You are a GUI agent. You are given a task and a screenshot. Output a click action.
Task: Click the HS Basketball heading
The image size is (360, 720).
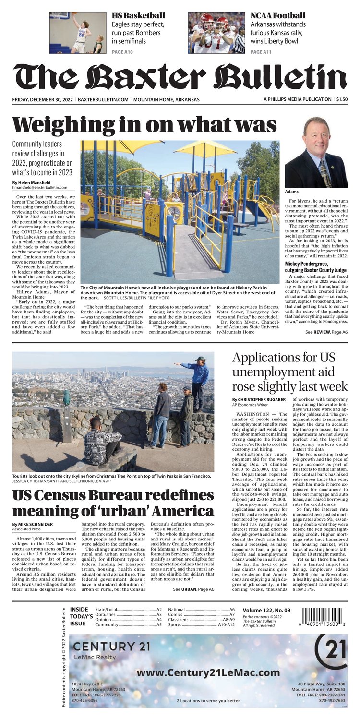[138, 16]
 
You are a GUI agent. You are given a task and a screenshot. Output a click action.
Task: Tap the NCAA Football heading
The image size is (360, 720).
[277, 16]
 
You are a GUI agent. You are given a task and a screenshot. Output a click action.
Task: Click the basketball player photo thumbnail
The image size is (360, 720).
[78, 33]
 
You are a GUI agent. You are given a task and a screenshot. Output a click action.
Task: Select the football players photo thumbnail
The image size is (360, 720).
[216, 33]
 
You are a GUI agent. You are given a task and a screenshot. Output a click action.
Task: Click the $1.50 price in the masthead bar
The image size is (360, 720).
[342, 99]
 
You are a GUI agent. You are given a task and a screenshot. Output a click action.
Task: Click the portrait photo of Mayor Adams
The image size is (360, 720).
[316, 152]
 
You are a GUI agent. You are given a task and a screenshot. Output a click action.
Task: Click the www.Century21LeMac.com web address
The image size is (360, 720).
[201, 673]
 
